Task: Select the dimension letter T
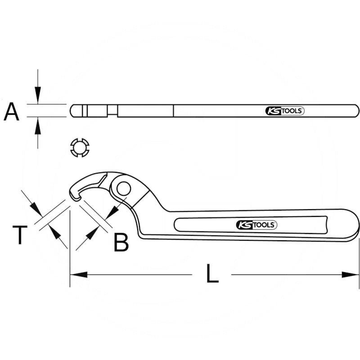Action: pos(19,235)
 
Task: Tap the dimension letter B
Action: pos(121,242)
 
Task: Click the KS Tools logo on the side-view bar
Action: pos(284,111)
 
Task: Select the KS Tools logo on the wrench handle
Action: pos(256,225)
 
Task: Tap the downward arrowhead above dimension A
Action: pos(38,97)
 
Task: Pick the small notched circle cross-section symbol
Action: pos(81,147)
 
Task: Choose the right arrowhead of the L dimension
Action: pos(352,274)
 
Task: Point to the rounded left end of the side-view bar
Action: pos(72,111)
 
